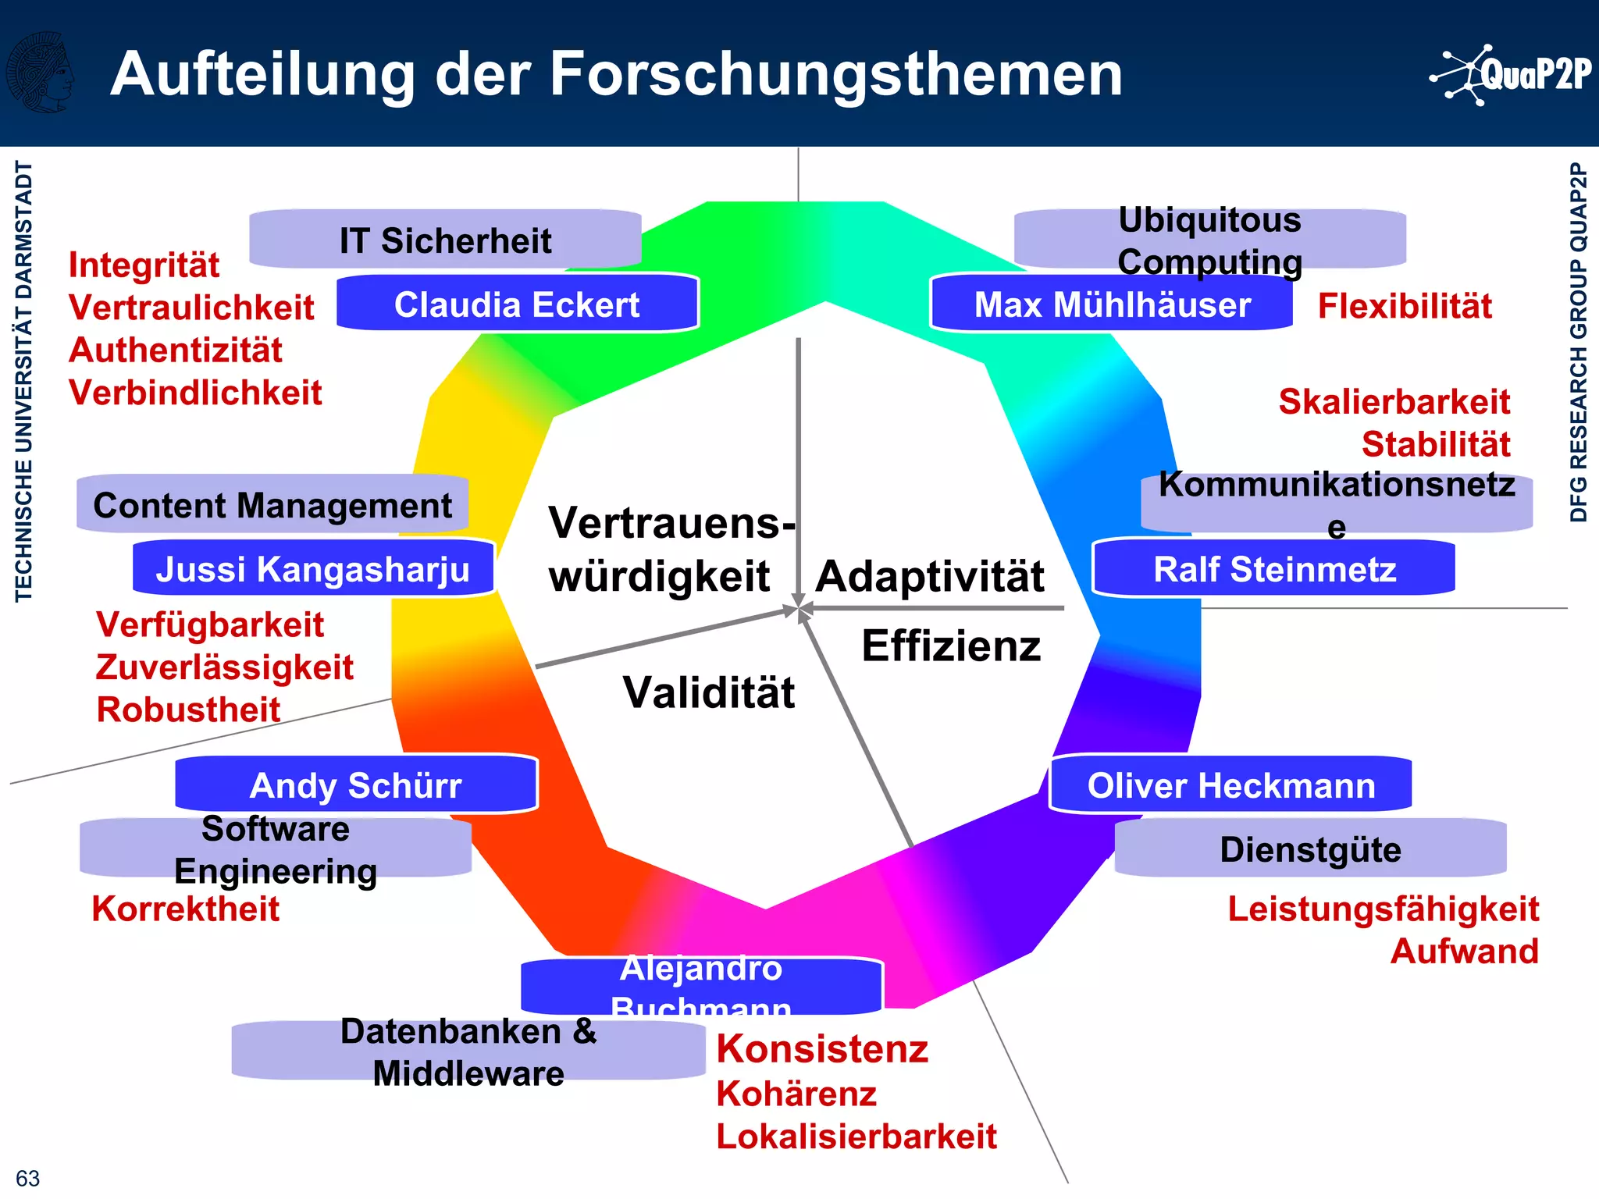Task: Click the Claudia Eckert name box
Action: tap(517, 304)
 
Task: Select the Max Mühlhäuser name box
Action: tap(1112, 304)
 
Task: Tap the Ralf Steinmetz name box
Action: tap(1274, 568)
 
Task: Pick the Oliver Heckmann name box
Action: tap(1230, 785)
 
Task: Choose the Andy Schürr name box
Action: tap(356, 785)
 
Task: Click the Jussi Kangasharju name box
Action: tap(313, 568)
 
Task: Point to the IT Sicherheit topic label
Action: tap(445, 240)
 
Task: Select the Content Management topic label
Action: tap(272, 504)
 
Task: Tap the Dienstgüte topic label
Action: tap(1310, 849)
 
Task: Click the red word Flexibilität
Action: tap(1405, 305)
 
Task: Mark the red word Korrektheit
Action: tap(185, 909)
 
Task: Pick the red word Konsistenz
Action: tap(822, 1048)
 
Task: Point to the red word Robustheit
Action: tap(188, 710)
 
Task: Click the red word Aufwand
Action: tap(1464, 951)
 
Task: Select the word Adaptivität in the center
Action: tap(930, 576)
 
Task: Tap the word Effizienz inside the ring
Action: tap(951, 646)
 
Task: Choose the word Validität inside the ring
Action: tap(708, 692)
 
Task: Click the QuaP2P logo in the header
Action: tap(1511, 75)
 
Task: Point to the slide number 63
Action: tap(27, 1178)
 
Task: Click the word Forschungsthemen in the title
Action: tap(836, 74)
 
